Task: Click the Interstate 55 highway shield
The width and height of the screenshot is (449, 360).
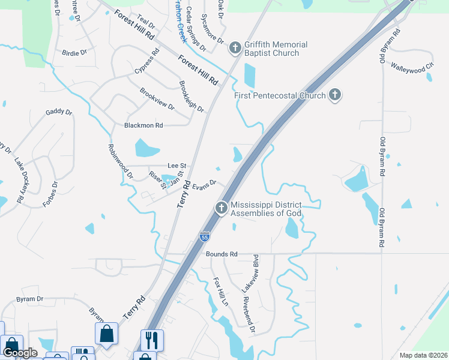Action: pyautogui.click(x=205, y=236)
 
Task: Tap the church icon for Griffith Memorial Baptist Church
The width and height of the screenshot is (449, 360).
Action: pyautogui.click(x=235, y=47)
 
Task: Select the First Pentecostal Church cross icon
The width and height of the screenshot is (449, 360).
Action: pyautogui.click(x=335, y=94)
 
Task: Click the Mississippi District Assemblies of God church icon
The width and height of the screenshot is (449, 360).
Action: pyautogui.click(x=221, y=208)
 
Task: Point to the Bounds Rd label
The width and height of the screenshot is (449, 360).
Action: pyautogui.click(x=221, y=254)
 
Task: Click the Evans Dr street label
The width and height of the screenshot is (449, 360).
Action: pyautogui.click(x=203, y=184)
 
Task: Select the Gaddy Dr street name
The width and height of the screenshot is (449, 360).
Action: pyautogui.click(x=59, y=112)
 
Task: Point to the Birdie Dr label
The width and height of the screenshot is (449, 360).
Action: pyautogui.click(x=74, y=53)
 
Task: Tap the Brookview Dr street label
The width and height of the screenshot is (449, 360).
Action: pyautogui.click(x=157, y=99)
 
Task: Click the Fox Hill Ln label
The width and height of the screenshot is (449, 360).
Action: pyautogui.click(x=221, y=292)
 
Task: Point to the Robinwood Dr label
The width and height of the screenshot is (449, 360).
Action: pyautogui.click(x=121, y=161)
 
